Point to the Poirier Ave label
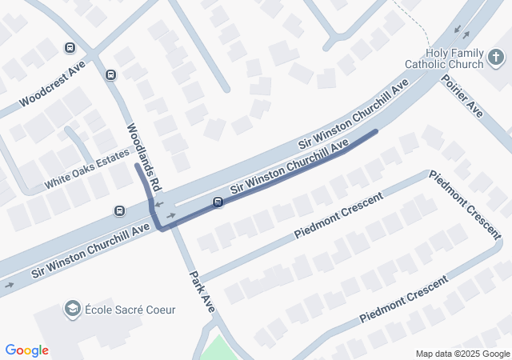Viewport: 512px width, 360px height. click(x=462, y=98)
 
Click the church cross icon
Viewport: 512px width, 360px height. click(x=496, y=58)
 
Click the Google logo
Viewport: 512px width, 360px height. click(x=27, y=350)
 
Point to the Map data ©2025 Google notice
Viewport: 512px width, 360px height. click(x=462, y=354)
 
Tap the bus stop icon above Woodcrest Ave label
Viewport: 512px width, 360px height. click(x=70, y=48)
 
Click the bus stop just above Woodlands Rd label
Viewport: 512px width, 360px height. click(x=110, y=75)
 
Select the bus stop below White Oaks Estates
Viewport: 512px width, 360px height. click(x=119, y=211)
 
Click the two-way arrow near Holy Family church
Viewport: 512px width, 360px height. click(x=462, y=32)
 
